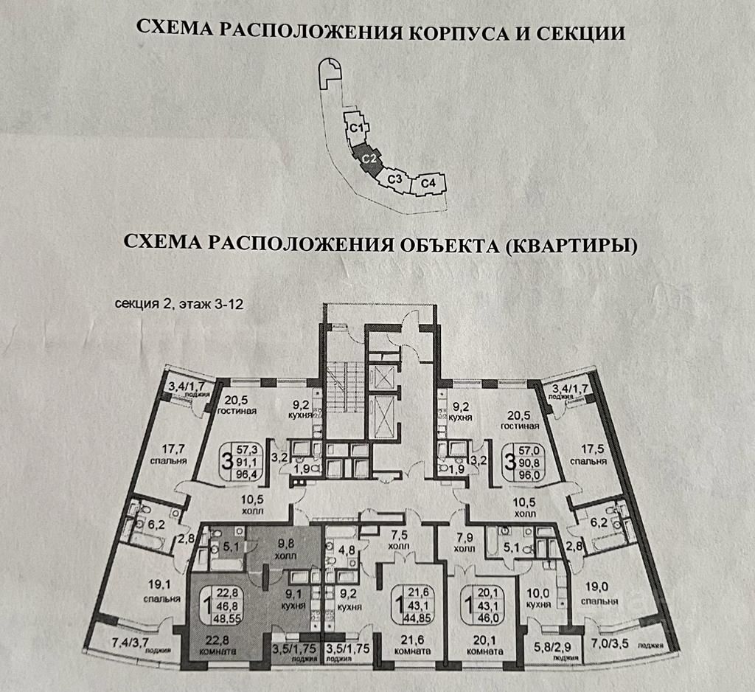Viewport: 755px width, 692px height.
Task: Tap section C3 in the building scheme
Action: pos(395,179)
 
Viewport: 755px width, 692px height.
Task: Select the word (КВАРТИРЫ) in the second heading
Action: pos(571,243)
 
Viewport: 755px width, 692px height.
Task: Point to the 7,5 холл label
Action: pos(399,541)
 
